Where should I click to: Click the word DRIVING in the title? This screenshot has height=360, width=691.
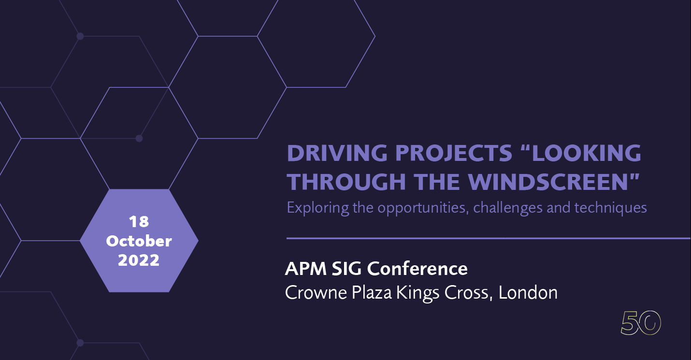pos(337,153)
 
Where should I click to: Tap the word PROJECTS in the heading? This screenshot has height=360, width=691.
pos(454,153)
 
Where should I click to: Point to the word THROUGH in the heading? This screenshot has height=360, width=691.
pos(346,182)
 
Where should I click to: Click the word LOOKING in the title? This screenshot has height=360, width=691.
pos(587,153)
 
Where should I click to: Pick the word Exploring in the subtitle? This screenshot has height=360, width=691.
pos(318,208)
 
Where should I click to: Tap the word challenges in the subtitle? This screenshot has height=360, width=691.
pos(507,208)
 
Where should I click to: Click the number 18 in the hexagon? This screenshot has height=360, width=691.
pos(139,221)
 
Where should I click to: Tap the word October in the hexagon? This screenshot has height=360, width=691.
pos(139,241)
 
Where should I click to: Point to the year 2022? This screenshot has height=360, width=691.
pos(139,260)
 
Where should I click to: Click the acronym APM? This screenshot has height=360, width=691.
pos(306,268)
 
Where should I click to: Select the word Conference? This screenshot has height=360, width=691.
pos(417,268)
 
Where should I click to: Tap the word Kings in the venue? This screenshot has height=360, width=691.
pos(417,293)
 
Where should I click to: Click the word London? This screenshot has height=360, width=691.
pos(528,292)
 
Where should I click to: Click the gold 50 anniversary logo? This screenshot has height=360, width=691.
pos(640,323)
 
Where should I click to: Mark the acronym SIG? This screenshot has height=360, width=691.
pos(346,268)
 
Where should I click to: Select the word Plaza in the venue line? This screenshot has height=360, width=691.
pos(372,292)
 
